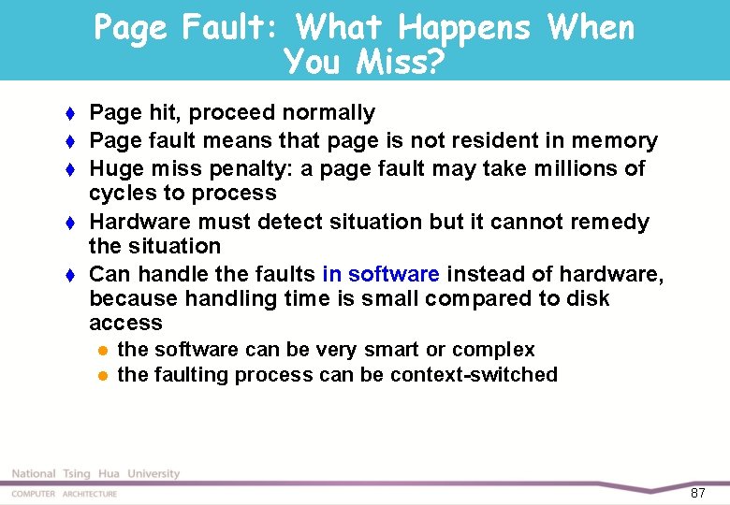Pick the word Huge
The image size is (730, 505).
tap(112, 169)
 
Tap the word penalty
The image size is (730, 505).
tap(237, 169)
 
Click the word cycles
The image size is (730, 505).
tap(121, 194)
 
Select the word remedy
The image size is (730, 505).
tap(611, 223)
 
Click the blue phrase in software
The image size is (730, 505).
tap(380, 274)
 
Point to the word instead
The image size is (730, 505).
tap(484, 274)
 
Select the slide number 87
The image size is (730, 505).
tap(697, 493)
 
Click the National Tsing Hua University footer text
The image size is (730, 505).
tap(95, 474)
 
